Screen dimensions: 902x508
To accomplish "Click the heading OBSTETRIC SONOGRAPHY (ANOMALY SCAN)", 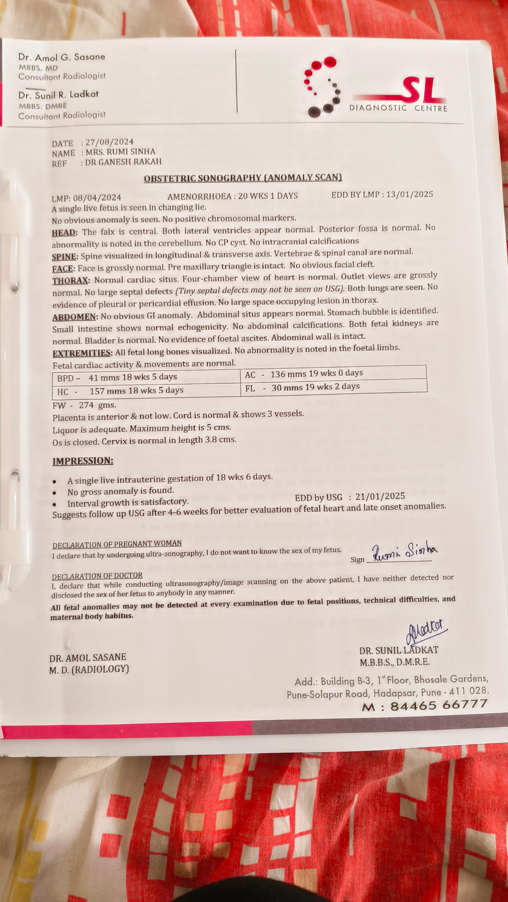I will (243, 178).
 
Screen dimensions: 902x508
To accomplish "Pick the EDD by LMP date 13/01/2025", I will (409, 194).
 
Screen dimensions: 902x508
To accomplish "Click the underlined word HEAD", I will (64, 233).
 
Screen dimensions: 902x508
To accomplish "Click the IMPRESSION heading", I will (83, 461).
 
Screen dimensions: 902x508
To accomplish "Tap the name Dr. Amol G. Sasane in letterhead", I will (62, 57).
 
